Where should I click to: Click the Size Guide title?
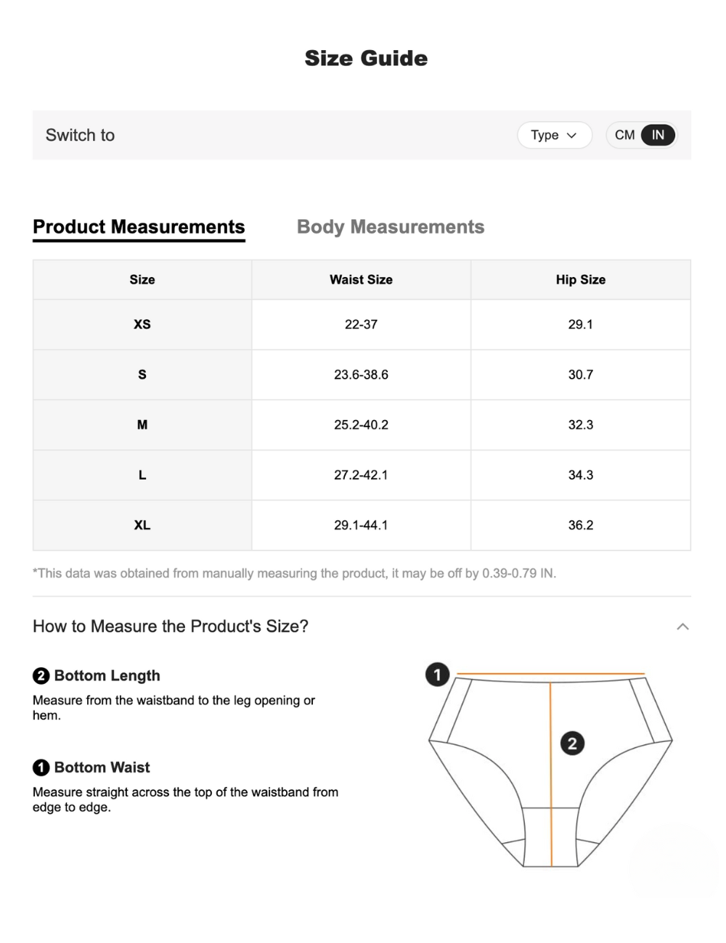point(366,58)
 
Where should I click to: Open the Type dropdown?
point(554,135)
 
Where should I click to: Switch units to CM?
point(624,135)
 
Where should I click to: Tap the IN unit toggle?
point(658,135)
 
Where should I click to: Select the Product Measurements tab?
point(139,227)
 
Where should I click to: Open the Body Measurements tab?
point(391,227)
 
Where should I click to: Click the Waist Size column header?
point(361,280)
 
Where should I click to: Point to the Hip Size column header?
point(580,280)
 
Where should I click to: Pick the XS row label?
point(142,324)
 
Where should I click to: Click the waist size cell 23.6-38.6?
point(361,375)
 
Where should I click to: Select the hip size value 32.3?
point(580,425)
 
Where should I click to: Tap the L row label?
point(142,475)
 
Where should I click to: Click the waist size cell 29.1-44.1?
point(361,525)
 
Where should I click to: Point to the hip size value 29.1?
point(580,324)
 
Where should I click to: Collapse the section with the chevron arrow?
point(682,627)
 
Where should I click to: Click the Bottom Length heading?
point(107,676)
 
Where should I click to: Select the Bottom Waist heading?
point(102,767)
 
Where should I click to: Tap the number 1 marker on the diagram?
point(437,675)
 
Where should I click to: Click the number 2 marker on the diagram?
point(572,743)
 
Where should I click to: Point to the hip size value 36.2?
point(580,525)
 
